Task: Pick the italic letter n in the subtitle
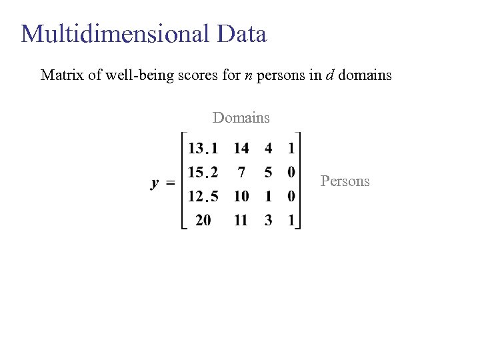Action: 248,75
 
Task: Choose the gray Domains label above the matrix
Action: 241,118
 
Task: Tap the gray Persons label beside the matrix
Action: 345,181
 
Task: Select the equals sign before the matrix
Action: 170,182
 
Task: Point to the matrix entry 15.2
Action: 203,173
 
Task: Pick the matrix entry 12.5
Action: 203,197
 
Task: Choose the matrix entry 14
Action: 241,148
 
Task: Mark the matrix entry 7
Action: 241,173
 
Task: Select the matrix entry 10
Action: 241,197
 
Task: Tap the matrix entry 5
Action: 268,173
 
